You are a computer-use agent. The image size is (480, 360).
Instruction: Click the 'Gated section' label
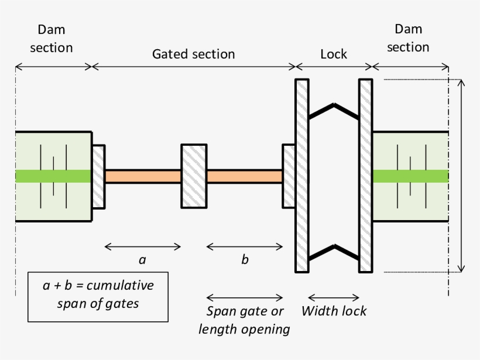click(193, 54)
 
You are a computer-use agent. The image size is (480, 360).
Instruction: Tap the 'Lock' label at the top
click(334, 54)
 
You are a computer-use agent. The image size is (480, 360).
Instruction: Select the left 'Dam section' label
click(52, 39)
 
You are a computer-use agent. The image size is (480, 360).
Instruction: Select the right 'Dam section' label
click(408, 39)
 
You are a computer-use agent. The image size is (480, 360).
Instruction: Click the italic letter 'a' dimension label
click(142, 260)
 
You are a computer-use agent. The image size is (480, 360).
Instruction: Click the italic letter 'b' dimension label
click(245, 260)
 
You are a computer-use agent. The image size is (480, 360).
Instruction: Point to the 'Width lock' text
click(334, 311)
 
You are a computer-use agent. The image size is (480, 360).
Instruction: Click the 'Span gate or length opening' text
click(244, 320)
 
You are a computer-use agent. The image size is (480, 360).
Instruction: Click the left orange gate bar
click(143, 176)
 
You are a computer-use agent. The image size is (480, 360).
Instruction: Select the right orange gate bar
click(245, 176)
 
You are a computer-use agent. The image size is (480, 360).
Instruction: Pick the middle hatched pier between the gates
click(193, 176)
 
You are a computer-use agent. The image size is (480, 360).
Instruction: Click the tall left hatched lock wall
click(302, 176)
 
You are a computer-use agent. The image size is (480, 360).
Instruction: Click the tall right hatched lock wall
click(366, 176)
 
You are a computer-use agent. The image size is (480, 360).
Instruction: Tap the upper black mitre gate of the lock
click(334, 110)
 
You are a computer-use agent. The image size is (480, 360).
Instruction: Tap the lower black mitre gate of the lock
click(334, 250)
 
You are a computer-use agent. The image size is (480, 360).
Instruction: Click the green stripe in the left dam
click(53, 176)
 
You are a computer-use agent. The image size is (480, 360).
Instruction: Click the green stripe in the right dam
click(410, 176)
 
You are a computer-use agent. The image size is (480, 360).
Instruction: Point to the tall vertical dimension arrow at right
click(462, 176)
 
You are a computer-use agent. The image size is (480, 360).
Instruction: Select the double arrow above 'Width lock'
click(334, 297)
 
